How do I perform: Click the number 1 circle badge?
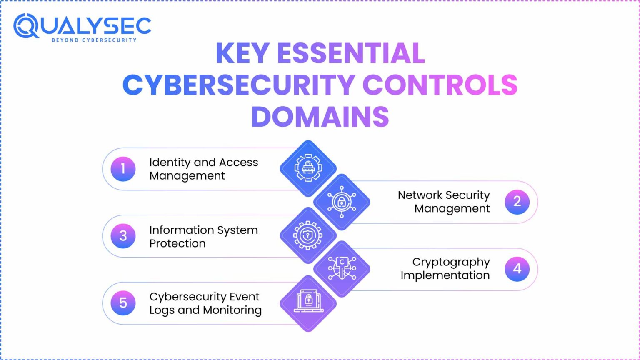tap(123, 169)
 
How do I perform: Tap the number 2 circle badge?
tap(517, 202)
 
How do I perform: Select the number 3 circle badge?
tap(123, 236)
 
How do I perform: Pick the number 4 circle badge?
tap(517, 269)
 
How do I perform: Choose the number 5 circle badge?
tap(123, 303)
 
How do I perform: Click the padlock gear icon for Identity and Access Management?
tap(308, 168)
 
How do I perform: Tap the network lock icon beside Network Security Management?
tap(342, 202)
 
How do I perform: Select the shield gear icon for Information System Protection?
tap(308, 235)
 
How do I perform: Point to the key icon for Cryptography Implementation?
tap(342, 269)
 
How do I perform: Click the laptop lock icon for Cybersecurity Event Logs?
tap(308, 302)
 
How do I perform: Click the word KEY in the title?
tap(242, 53)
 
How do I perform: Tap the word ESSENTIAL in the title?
tap(351, 53)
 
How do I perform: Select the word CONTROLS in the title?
tap(440, 85)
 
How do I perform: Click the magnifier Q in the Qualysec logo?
tap(26, 26)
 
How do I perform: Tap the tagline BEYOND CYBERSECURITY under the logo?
tap(94, 40)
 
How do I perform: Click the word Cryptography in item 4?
tap(451, 262)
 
